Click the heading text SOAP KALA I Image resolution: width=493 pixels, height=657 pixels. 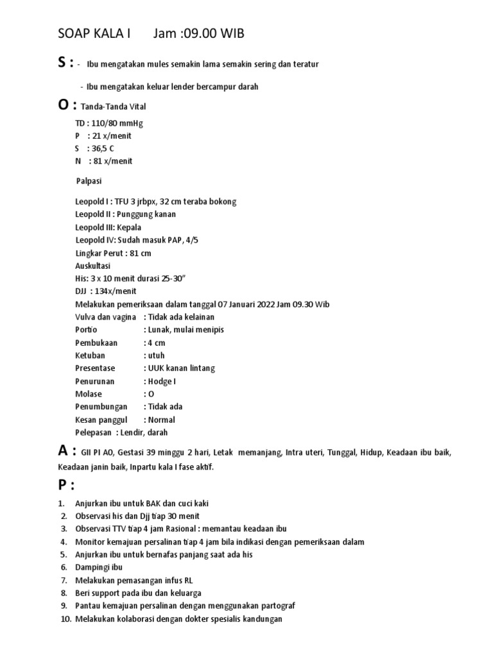(94, 33)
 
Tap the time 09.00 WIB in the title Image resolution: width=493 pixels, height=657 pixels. (212, 33)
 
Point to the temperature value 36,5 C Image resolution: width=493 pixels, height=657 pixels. (103, 148)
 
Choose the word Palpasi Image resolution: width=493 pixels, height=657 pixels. (89, 181)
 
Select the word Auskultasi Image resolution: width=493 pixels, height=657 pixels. (92, 266)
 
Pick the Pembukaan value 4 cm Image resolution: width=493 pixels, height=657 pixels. (157, 343)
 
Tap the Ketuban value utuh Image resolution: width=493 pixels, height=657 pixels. (157, 355)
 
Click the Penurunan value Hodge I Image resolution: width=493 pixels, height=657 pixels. (162, 381)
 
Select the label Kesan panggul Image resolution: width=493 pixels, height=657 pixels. (101, 420)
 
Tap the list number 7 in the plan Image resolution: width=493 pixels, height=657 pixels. (64, 580)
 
